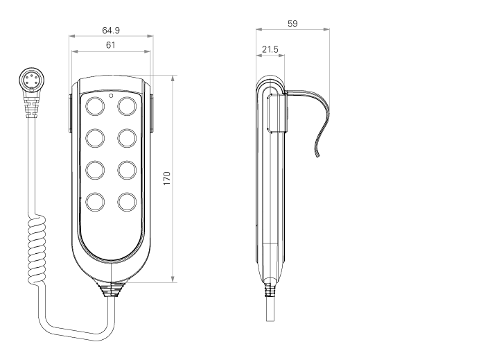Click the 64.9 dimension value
(111, 31)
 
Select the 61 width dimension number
(110, 45)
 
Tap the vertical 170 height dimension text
(167, 178)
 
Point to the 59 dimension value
(292, 24)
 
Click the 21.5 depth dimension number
(270, 49)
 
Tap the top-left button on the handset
(95, 106)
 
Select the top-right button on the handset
(127, 106)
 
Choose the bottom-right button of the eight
(127, 202)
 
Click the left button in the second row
(95, 138)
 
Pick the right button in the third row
(127, 170)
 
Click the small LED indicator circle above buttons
(111, 95)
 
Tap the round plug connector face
(31, 80)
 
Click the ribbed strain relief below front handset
(111, 289)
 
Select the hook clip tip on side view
(317, 155)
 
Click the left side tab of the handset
(70, 113)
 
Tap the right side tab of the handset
(152, 113)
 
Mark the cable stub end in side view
(270, 320)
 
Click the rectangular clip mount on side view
(277, 112)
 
